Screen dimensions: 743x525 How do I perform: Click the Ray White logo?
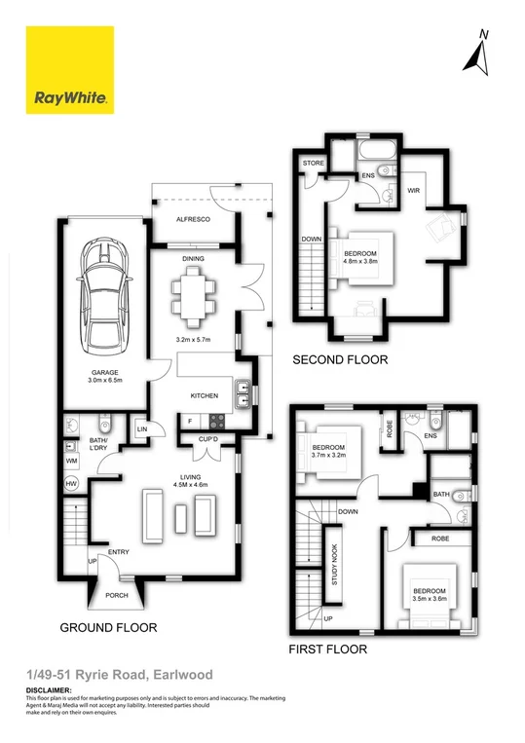70,70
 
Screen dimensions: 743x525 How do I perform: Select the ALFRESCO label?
193,221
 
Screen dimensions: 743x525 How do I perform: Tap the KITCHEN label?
203,396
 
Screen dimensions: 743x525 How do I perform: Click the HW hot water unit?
71,483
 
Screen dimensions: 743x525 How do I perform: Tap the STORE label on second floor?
313,163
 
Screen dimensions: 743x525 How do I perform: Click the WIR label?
413,192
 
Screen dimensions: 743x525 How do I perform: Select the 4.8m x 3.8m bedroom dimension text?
359,261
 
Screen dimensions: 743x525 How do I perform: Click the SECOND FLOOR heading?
340,359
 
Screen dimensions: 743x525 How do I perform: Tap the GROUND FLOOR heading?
107,627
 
